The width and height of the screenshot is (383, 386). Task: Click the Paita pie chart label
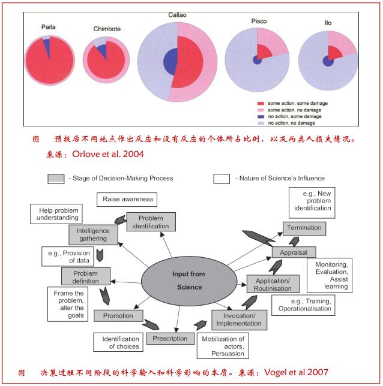click(x=49, y=28)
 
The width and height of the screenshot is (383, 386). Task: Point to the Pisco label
click(x=258, y=21)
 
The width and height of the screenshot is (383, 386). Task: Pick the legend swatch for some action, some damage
click(x=261, y=104)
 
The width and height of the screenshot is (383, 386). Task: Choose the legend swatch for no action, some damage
click(x=261, y=116)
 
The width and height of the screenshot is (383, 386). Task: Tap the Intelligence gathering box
click(x=92, y=234)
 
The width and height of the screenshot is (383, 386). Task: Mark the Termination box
click(x=304, y=228)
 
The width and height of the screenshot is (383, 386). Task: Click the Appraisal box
click(x=294, y=252)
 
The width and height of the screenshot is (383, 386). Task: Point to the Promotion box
click(x=118, y=315)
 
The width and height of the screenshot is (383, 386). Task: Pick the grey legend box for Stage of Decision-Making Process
click(x=55, y=178)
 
